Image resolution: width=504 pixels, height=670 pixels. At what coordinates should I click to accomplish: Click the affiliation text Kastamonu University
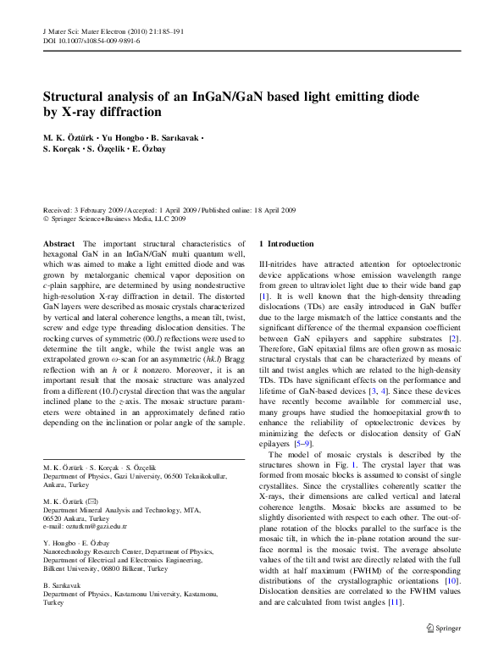[x=154, y=595]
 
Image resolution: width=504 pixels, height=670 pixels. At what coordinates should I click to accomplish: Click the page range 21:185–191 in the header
[x=160, y=31]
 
